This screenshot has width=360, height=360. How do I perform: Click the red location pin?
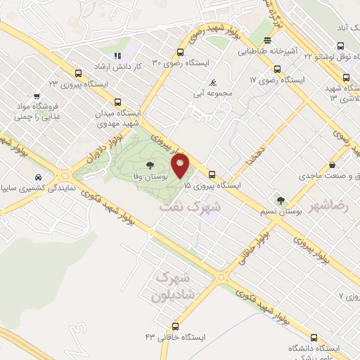pyautogui.click(x=181, y=167)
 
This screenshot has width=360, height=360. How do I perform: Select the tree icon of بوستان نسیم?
pyautogui.click(x=281, y=201)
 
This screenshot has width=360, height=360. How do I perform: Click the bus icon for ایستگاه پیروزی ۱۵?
pyautogui.click(x=212, y=174)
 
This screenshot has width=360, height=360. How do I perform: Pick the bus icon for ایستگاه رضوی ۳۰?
pyautogui.click(x=181, y=52)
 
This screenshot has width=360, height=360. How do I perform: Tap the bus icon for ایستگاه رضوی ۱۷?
pyautogui.click(x=277, y=70)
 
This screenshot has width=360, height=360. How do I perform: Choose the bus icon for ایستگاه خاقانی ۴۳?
pyautogui.click(x=175, y=326)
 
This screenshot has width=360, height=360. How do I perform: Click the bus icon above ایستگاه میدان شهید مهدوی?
pyautogui.click(x=117, y=101)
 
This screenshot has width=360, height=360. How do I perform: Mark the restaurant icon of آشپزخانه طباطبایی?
pyautogui.click(x=266, y=41)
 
